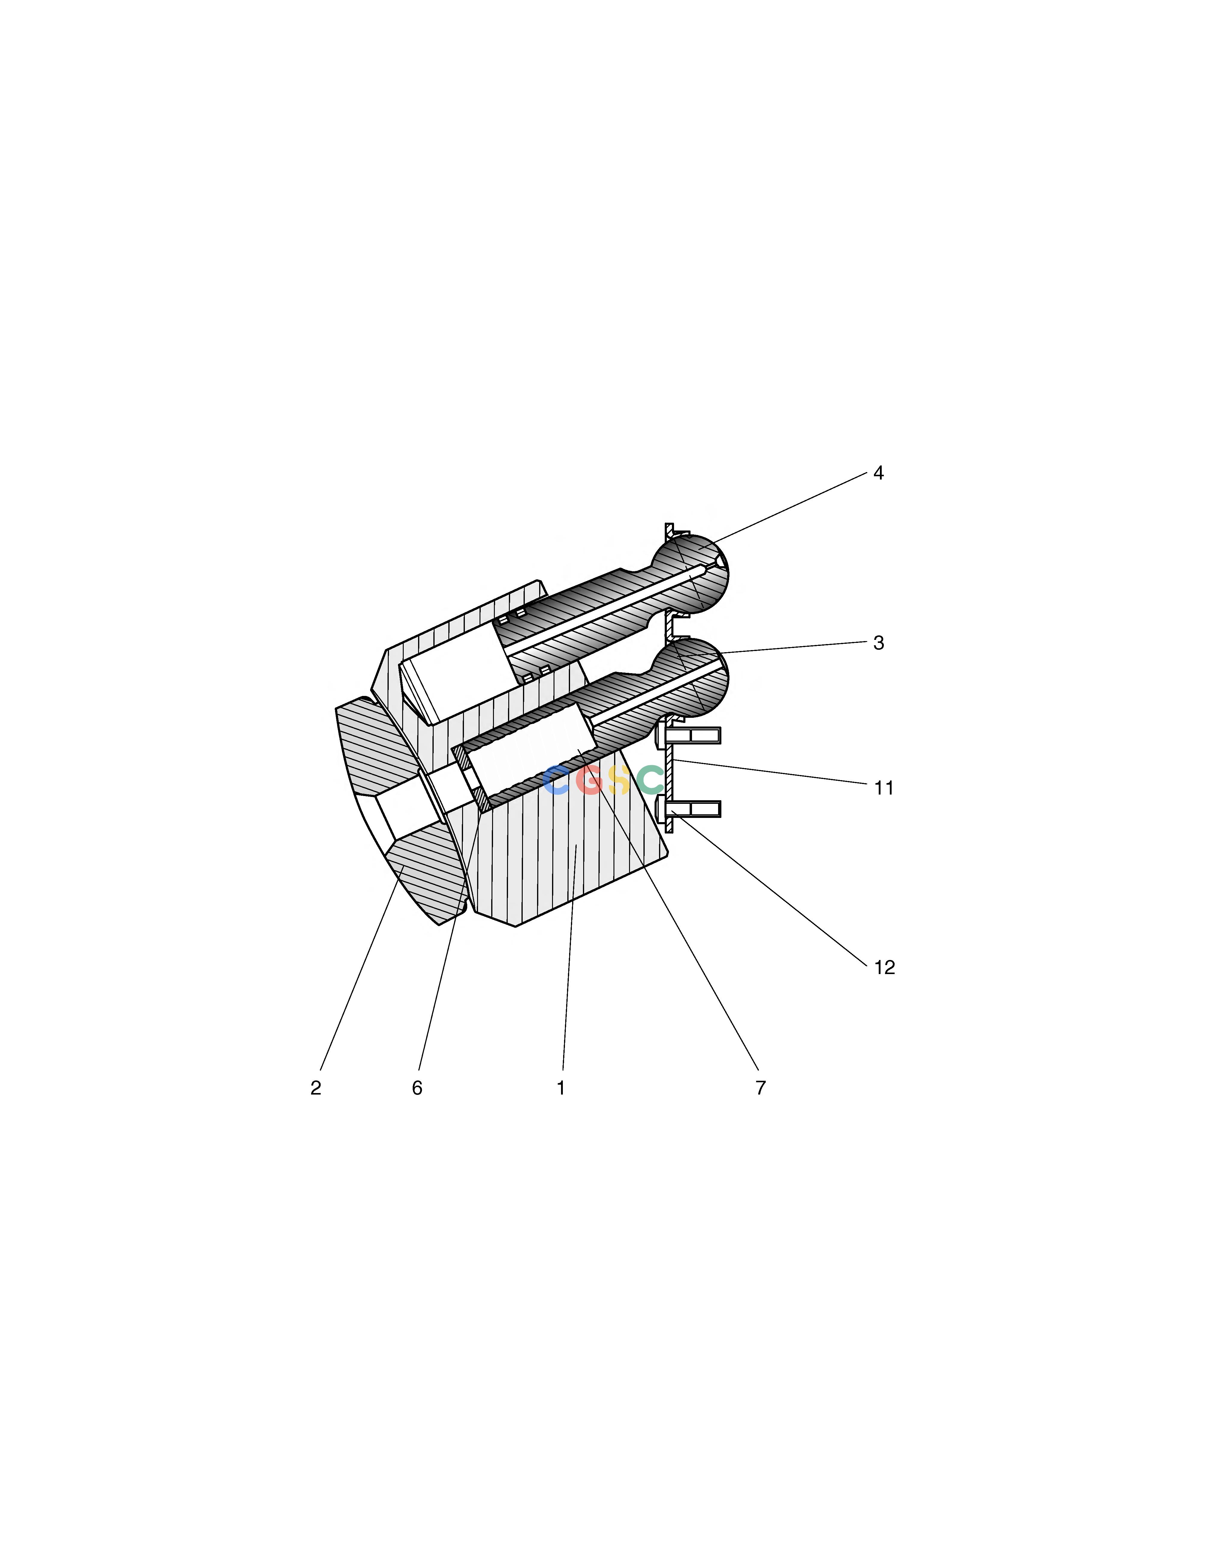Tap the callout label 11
[x=884, y=788]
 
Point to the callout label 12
[x=884, y=967]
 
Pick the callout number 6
[x=417, y=1088]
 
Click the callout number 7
[x=761, y=1088]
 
